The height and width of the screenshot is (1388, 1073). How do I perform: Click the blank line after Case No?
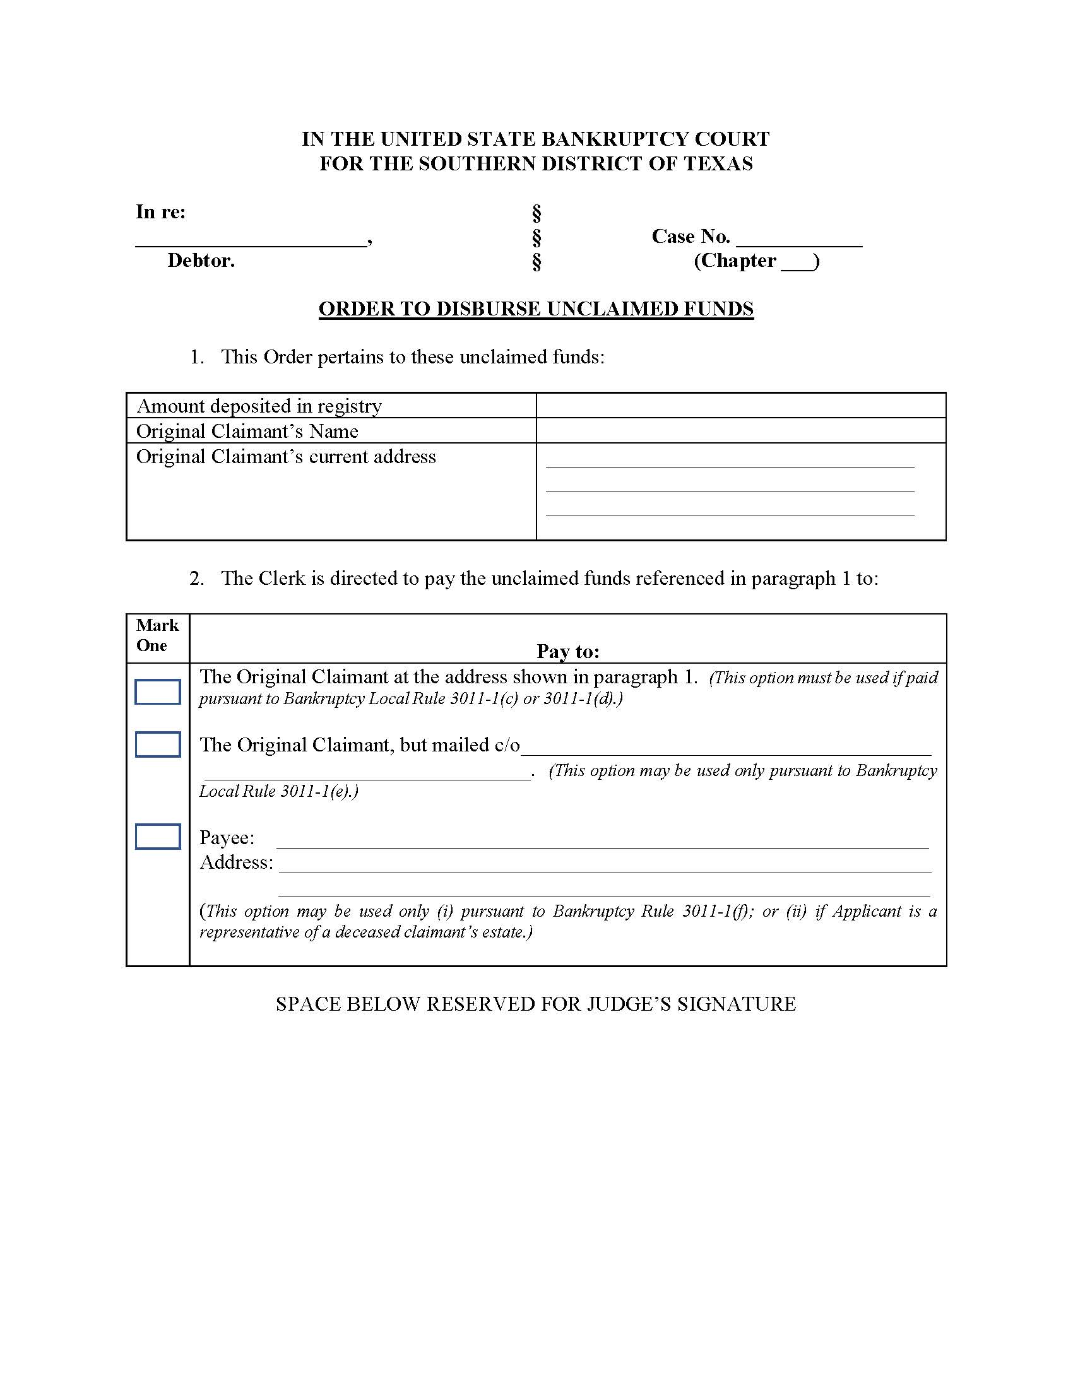[798, 240]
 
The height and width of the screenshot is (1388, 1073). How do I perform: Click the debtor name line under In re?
[251, 240]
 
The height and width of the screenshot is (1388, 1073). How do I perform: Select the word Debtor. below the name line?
[201, 261]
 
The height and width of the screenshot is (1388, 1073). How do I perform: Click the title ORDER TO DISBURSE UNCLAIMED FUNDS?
[536, 309]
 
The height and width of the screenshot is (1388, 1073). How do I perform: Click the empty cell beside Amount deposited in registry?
[740, 406]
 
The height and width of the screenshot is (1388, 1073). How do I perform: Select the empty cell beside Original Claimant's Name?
[740, 431]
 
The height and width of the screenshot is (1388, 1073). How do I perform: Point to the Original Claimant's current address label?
[285, 457]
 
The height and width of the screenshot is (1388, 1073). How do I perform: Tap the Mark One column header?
[157, 635]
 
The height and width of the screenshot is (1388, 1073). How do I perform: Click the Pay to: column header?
[567, 651]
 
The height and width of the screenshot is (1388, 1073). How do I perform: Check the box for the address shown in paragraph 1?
[158, 692]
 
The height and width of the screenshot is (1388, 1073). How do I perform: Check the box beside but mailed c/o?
[158, 744]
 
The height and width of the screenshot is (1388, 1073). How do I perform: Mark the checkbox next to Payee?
[158, 837]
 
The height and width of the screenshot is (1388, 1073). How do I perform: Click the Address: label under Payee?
[236, 862]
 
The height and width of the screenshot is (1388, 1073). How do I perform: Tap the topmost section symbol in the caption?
[536, 213]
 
